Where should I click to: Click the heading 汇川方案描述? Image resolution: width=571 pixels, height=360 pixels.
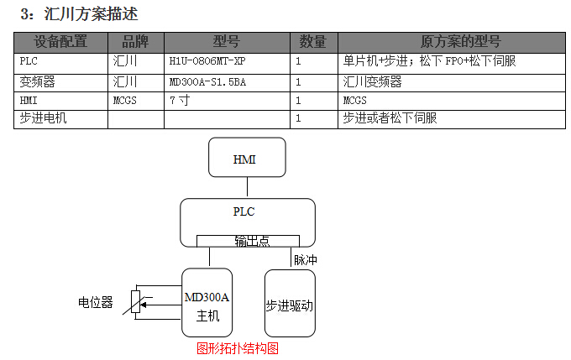point(91,14)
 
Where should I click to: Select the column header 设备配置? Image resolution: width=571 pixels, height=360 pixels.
point(60,42)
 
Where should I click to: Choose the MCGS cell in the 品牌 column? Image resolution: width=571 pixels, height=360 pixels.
point(124,100)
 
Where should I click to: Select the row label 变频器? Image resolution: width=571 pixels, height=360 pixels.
point(38,81)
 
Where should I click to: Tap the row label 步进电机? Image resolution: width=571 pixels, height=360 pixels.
point(43,118)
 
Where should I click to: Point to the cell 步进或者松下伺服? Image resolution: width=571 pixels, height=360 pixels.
point(390,118)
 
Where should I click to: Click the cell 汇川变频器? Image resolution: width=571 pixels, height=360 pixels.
point(373,81)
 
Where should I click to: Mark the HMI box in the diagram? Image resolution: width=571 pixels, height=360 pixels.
point(246,159)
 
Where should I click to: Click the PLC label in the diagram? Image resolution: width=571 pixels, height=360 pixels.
point(244,211)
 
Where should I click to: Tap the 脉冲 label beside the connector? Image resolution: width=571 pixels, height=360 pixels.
point(305,260)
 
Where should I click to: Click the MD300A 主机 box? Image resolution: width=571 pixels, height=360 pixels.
point(207,305)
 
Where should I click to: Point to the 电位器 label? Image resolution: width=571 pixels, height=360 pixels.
point(95,302)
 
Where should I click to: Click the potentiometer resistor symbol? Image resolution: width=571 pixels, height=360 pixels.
point(137,302)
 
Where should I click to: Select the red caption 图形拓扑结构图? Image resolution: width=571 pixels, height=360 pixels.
point(238,347)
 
